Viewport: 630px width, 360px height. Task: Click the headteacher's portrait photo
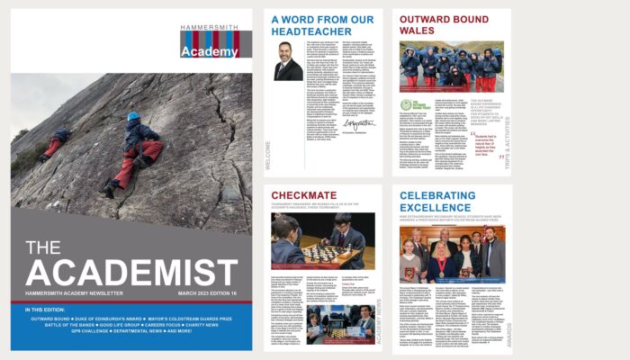click(x=289, y=62)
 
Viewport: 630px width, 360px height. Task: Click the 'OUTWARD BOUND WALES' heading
click(x=442, y=24)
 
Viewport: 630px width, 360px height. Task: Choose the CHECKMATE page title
click(x=310, y=195)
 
